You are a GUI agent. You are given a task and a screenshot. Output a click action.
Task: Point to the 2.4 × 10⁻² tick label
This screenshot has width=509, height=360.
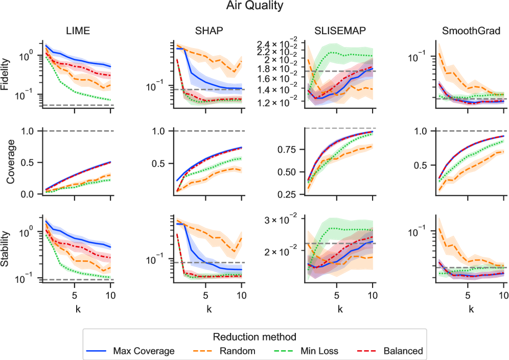click(x=280, y=43)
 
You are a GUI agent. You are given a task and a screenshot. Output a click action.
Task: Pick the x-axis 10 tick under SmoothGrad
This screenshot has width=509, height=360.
click(x=503, y=295)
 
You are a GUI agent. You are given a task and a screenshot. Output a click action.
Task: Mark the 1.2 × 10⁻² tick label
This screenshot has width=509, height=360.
click(x=280, y=103)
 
